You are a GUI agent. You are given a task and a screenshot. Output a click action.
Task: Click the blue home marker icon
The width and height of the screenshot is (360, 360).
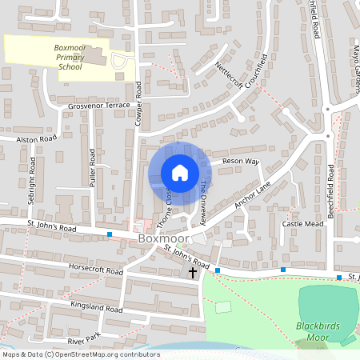(x=180, y=173)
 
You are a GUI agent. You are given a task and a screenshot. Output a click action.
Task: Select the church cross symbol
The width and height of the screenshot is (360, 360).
(x=192, y=273)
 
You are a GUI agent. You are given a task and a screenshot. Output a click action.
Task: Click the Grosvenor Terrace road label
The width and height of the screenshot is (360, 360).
(x=98, y=105)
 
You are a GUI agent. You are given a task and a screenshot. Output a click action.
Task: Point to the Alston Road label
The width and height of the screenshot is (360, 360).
(x=38, y=138)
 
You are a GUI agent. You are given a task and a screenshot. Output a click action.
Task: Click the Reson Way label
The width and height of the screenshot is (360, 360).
(x=241, y=162)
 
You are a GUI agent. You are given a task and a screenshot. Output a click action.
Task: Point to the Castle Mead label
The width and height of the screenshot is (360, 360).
(x=302, y=225)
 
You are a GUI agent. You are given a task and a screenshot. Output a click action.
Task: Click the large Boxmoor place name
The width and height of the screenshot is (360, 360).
(x=162, y=238)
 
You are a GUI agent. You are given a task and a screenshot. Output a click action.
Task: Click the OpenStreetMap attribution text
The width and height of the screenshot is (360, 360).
(x=81, y=354)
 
